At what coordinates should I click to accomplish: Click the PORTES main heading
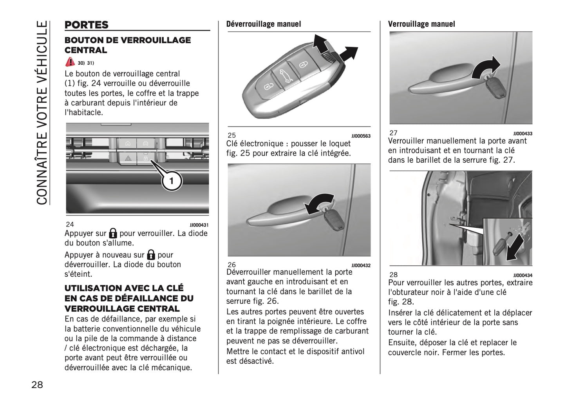[87, 25]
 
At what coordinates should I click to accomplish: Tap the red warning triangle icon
[70, 62]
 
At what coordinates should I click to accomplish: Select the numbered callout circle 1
[171, 181]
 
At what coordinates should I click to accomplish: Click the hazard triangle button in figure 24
[128, 158]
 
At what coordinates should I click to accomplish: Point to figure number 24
[70, 225]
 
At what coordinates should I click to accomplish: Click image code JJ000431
[199, 225]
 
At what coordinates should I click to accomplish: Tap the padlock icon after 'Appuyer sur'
[113, 233]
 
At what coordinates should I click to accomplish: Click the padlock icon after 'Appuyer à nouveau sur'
[151, 255]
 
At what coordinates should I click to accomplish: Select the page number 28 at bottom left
[37, 384]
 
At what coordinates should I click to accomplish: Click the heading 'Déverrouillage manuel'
[264, 24]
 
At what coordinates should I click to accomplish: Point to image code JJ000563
[361, 136]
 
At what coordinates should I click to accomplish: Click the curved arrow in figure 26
[319, 203]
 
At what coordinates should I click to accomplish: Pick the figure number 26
[231, 265]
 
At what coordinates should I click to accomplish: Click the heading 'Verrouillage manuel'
[421, 24]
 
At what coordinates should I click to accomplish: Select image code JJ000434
[523, 276]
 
